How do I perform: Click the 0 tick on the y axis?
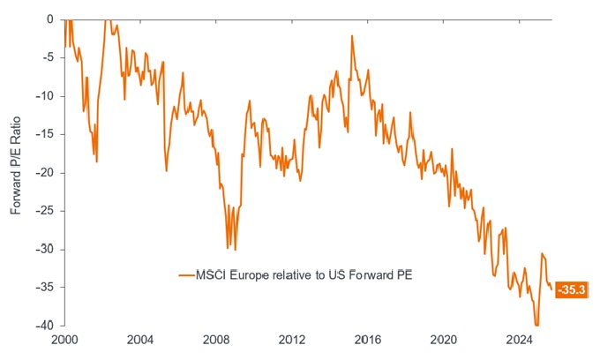tap(50, 19)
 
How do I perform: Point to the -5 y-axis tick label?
tap(48, 57)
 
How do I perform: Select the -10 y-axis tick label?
tap(45, 95)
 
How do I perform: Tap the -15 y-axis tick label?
tap(45, 134)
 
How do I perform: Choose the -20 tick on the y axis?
tap(45, 172)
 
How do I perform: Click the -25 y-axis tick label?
tap(45, 211)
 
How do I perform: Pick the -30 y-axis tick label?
tap(45, 249)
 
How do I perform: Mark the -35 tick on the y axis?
tap(45, 288)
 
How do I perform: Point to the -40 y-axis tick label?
tap(45, 326)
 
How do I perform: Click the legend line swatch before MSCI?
tap(187, 275)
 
